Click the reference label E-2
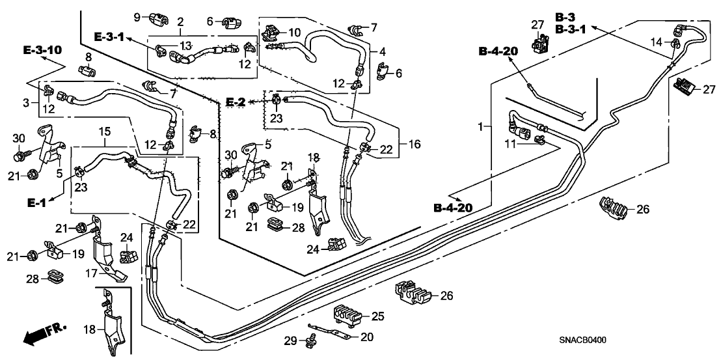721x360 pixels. (235, 102)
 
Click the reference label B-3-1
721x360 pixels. (571, 29)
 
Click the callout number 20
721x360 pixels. (367, 337)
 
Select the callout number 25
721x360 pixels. (377, 316)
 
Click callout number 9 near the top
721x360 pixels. (138, 17)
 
